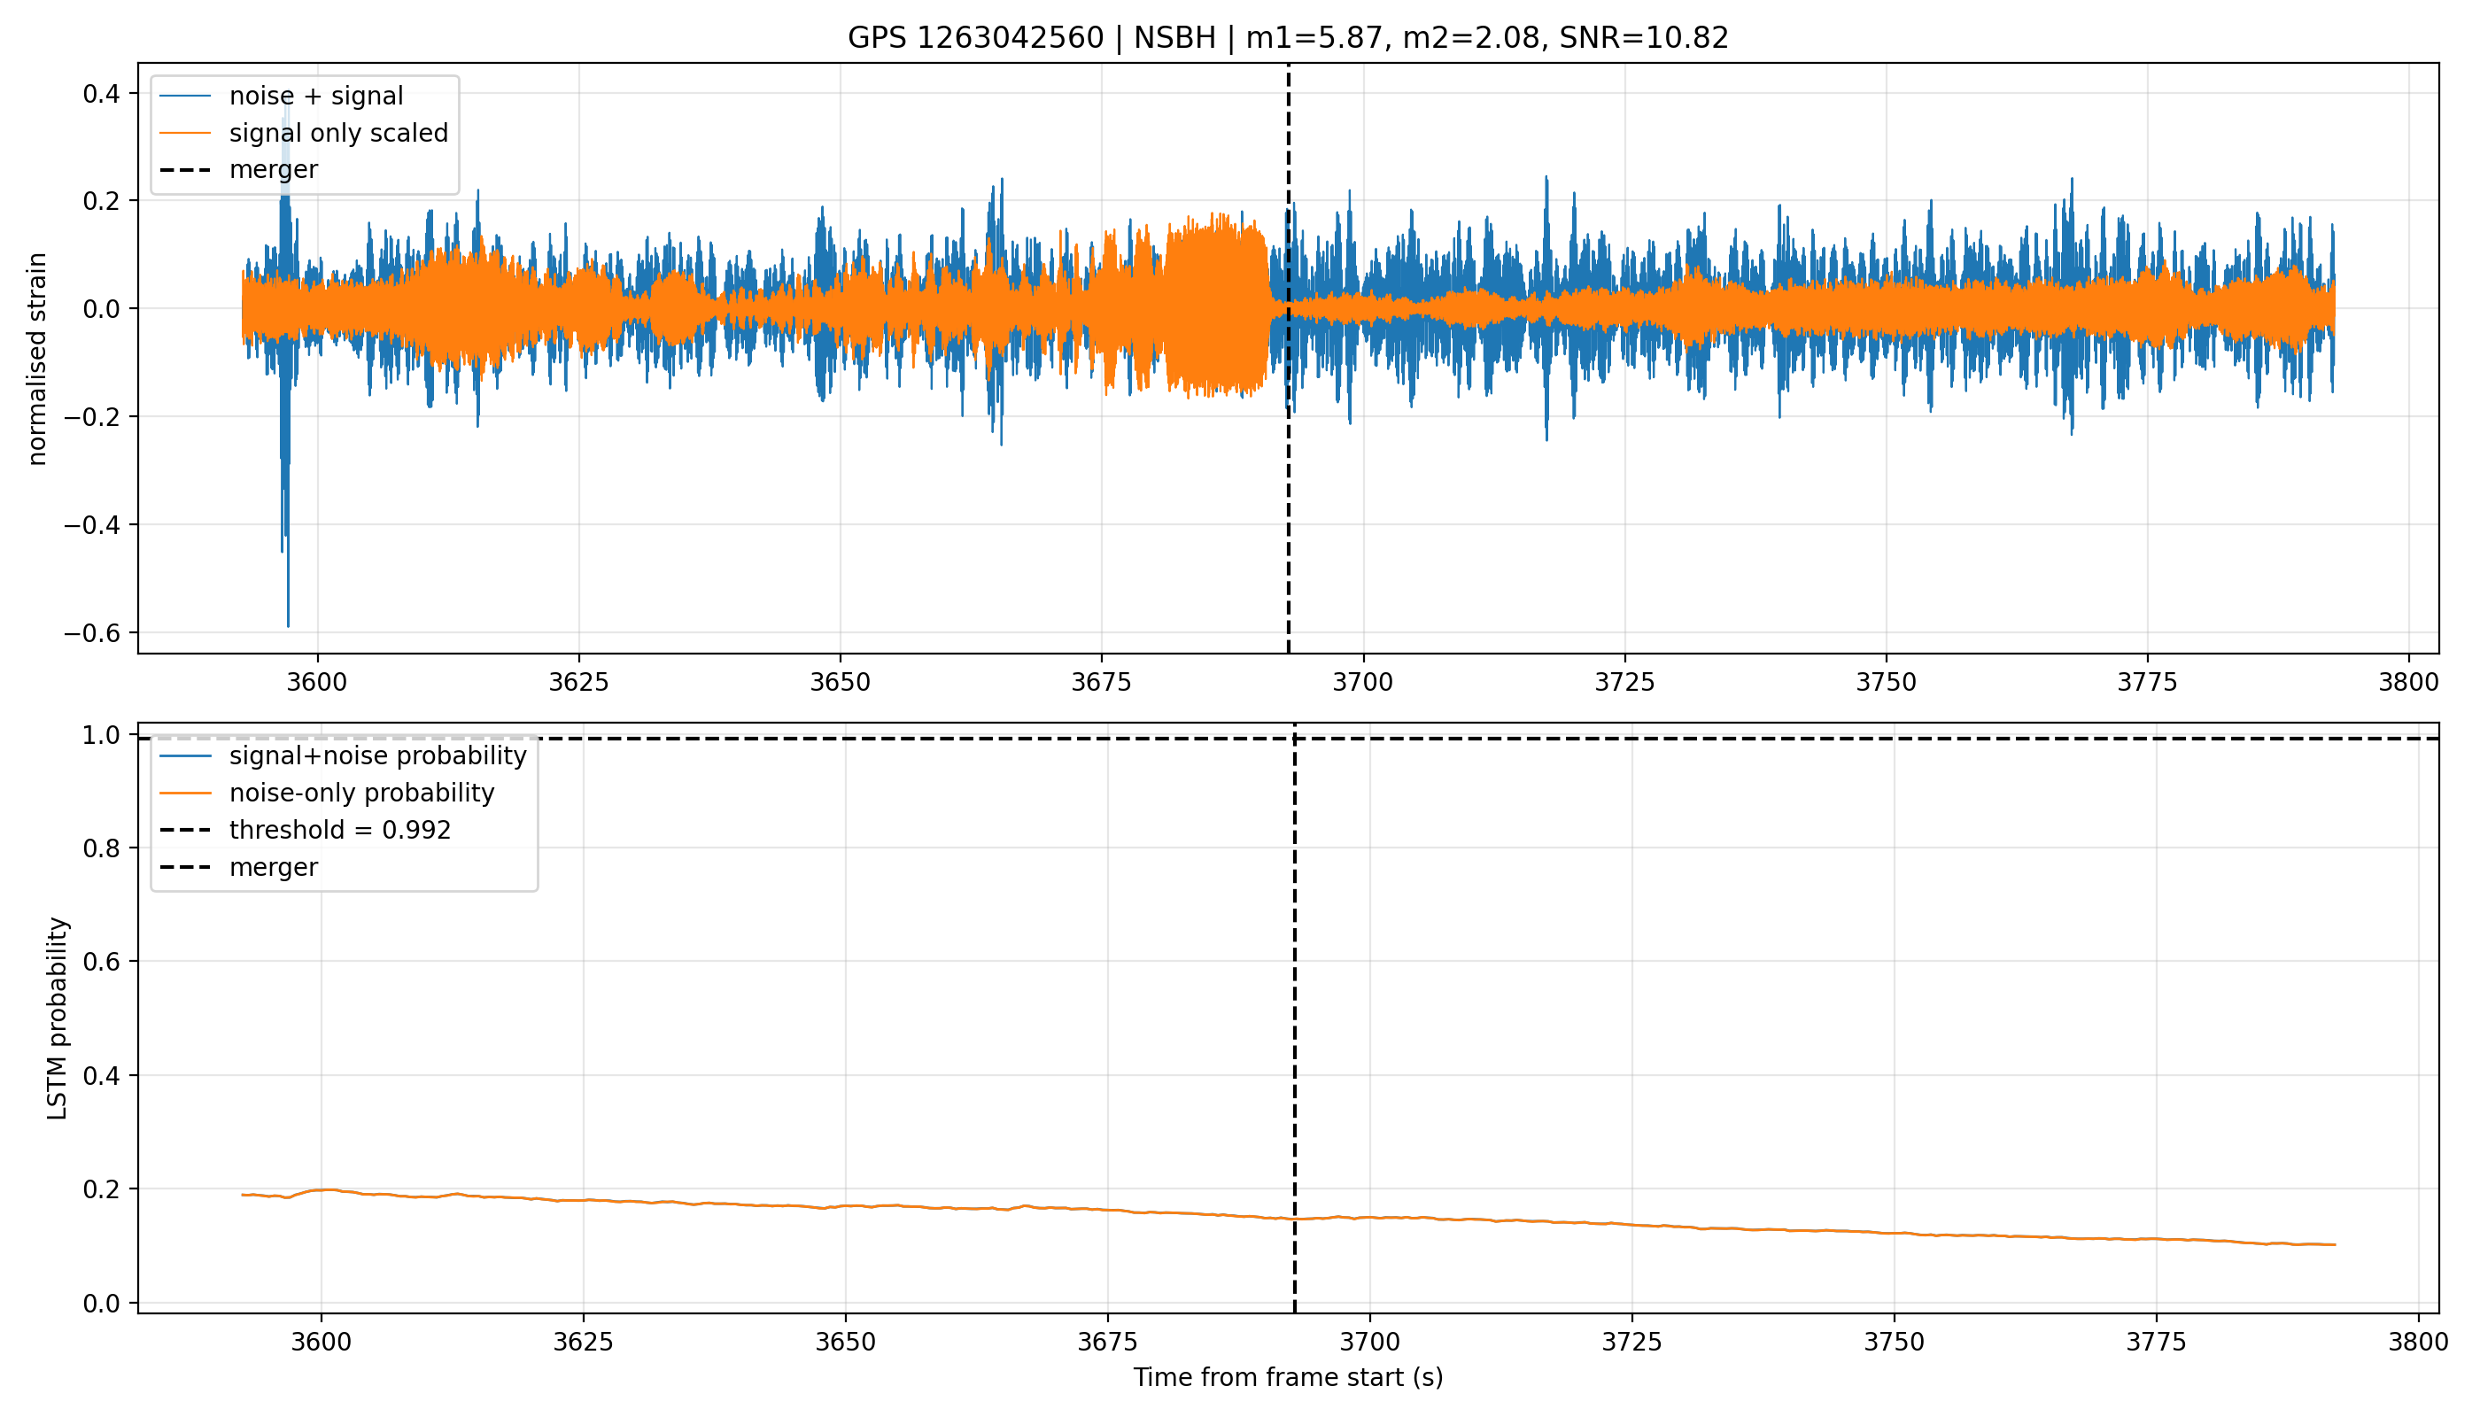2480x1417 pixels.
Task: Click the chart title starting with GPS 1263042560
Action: [1288, 38]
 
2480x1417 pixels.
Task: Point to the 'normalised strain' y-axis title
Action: [37, 359]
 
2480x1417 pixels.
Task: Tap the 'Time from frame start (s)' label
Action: [1288, 1377]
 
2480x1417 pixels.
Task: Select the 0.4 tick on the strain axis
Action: [101, 95]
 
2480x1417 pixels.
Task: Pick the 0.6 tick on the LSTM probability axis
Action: [101, 962]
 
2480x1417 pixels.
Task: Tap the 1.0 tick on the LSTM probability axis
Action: [101, 735]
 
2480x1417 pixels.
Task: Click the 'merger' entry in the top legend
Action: [274, 170]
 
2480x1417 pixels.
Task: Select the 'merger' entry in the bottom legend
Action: [274, 867]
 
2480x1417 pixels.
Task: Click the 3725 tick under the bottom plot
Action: [1632, 1342]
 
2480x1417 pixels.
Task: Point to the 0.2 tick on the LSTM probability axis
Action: [101, 1189]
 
